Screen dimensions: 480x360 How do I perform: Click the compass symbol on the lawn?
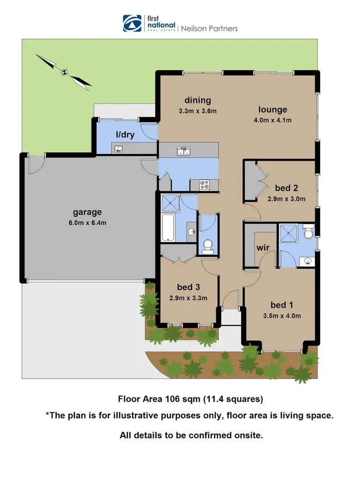pyautogui.click(x=64, y=72)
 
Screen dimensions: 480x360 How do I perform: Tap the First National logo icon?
pyautogui.click(x=132, y=23)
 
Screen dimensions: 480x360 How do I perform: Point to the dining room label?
pyautogui.click(x=198, y=100)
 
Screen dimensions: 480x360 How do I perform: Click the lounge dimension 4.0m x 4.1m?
pyautogui.click(x=273, y=120)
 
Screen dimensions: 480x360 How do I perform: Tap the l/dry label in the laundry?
pyautogui.click(x=125, y=135)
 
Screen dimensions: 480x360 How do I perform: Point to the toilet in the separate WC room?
pyautogui.click(x=208, y=246)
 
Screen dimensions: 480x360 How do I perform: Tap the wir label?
pyautogui.click(x=262, y=248)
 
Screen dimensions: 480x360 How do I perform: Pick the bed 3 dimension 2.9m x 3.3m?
pyautogui.click(x=189, y=298)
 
